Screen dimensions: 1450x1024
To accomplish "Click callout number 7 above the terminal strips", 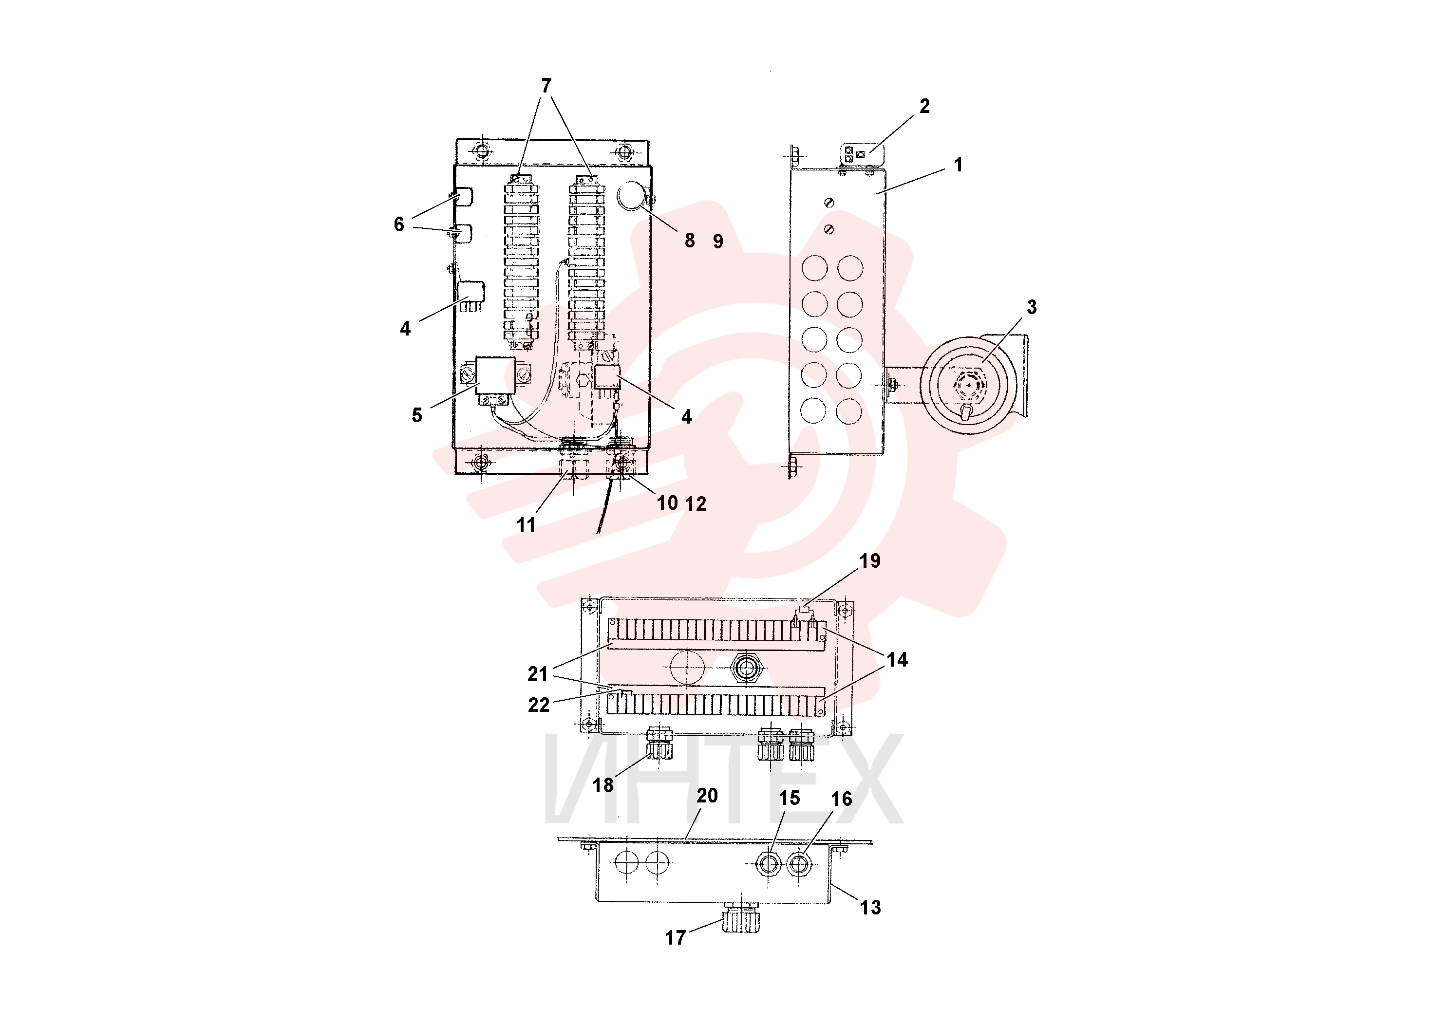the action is pyautogui.click(x=546, y=85).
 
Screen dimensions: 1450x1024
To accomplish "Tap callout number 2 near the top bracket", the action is pyautogui.click(x=924, y=106).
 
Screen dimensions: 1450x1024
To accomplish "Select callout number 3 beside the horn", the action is pyautogui.click(x=1031, y=307).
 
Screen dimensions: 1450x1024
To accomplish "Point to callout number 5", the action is pyautogui.click(x=417, y=415).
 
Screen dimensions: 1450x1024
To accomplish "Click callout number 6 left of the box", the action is pyautogui.click(x=398, y=224).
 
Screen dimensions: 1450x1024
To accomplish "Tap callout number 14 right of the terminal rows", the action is pyautogui.click(x=897, y=660).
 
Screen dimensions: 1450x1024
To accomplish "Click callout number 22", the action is pyautogui.click(x=539, y=705).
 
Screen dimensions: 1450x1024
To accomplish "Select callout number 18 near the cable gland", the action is pyautogui.click(x=603, y=785).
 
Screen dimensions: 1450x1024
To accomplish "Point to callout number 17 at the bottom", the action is pyautogui.click(x=675, y=938).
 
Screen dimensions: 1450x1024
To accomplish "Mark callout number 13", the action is pyautogui.click(x=870, y=908).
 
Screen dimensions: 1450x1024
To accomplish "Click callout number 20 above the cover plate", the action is pyautogui.click(x=707, y=796).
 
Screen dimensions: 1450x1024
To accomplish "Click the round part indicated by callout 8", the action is pyautogui.click(x=632, y=195).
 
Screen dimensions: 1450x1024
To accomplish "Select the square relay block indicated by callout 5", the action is pyautogui.click(x=495, y=375).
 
